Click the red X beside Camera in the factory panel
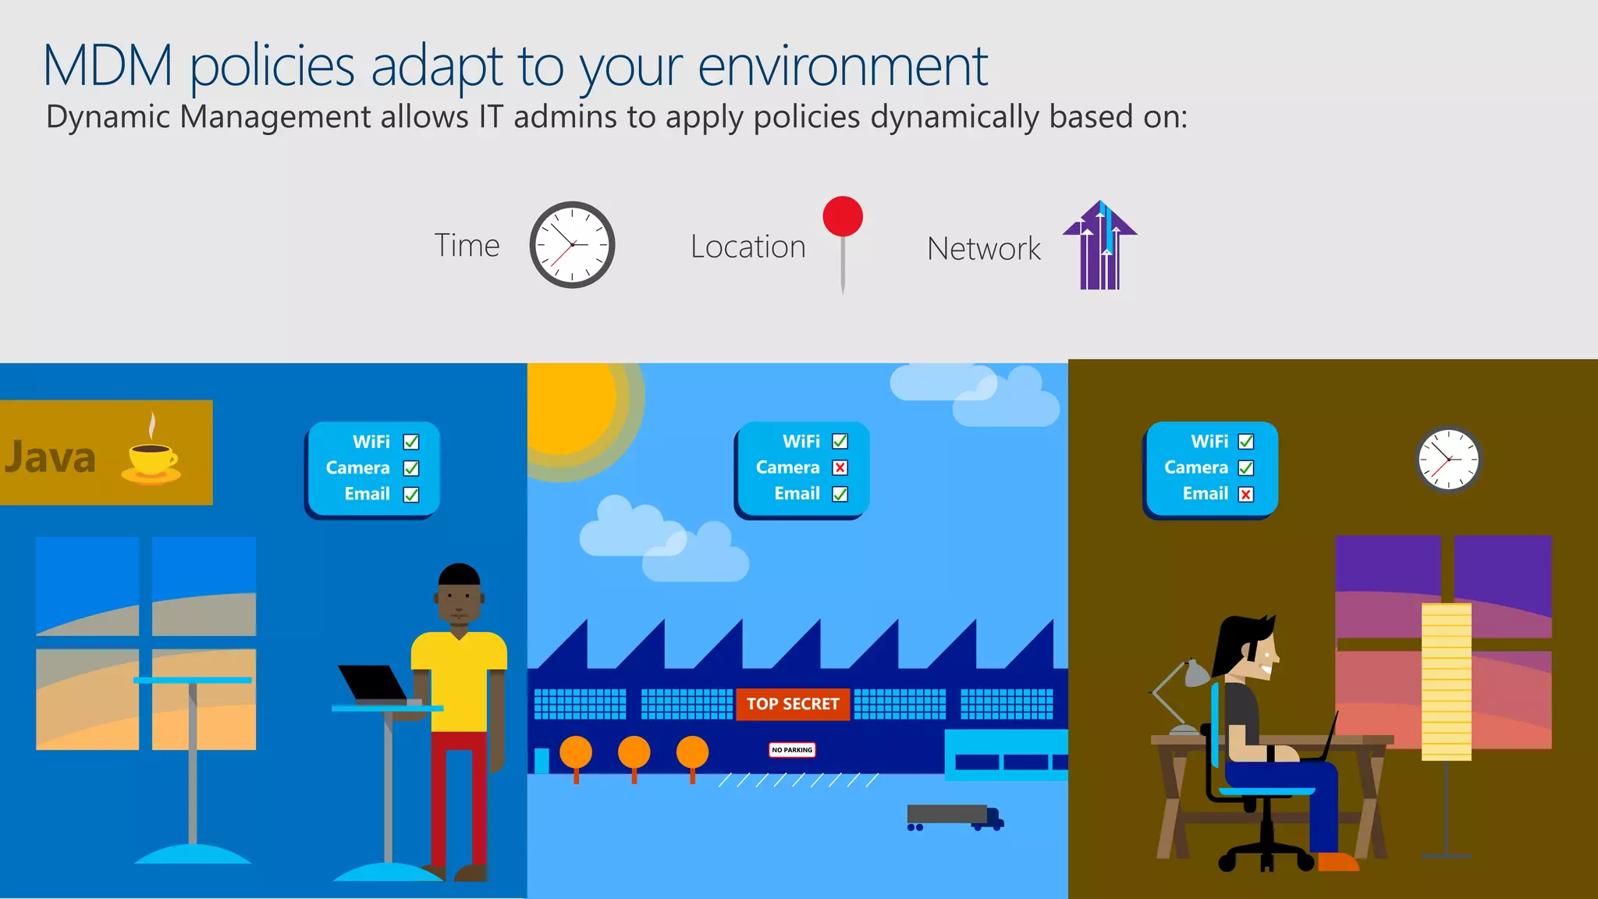point(840,467)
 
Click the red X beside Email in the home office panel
point(1246,494)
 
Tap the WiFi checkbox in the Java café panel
point(411,442)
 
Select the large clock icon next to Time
point(572,245)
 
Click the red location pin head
point(843,216)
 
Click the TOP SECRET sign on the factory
point(793,704)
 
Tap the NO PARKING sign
point(792,750)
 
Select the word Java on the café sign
point(51,457)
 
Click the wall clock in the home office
point(1448,460)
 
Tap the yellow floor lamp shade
point(1446,680)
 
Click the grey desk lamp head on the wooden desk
point(1195,673)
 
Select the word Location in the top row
point(748,247)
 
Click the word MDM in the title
point(108,66)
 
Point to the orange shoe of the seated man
point(1337,862)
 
